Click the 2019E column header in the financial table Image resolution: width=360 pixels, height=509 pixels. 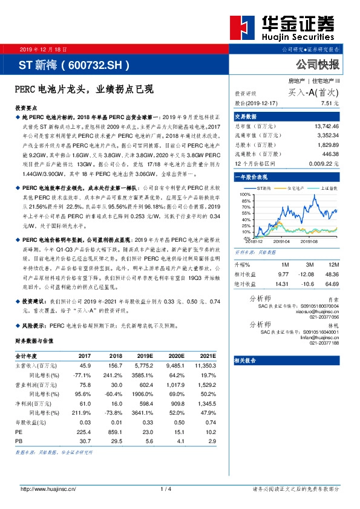[x=145, y=357]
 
